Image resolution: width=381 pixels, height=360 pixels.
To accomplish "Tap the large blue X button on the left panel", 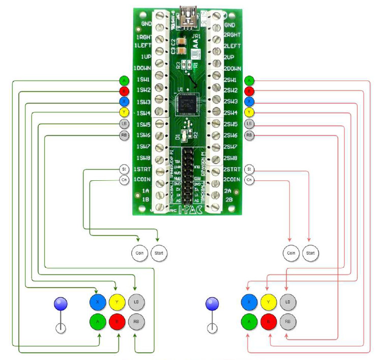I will (97, 302).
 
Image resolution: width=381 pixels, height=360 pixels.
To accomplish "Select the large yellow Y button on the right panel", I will (269, 302).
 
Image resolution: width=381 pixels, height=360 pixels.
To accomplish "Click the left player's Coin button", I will (139, 253).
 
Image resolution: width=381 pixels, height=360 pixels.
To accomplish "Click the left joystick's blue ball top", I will (61, 304).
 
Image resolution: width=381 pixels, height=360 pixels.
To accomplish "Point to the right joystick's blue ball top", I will (212, 304).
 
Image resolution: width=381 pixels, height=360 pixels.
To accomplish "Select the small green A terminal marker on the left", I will (124, 80).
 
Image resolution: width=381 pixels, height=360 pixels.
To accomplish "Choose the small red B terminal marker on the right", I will (249, 92).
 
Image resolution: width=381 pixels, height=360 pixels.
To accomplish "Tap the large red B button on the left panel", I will (117, 321).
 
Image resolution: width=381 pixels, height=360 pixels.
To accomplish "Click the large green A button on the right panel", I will (249, 321).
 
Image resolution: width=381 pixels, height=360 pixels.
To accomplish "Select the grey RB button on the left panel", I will (136, 321).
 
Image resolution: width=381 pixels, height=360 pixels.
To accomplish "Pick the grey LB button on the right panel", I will (288, 302).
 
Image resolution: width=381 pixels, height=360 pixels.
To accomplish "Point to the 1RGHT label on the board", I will (142, 38).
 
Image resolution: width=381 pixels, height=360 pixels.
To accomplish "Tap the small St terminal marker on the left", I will (124, 169).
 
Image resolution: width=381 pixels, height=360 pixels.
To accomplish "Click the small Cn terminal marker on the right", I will (249, 180).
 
